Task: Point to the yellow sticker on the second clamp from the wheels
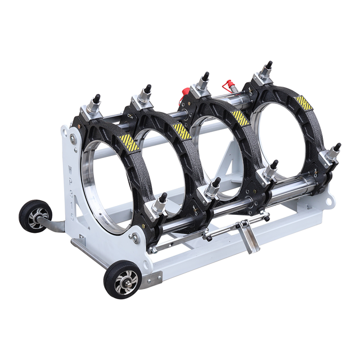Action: click(x=182, y=131)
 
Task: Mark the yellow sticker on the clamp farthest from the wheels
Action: click(x=303, y=103)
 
